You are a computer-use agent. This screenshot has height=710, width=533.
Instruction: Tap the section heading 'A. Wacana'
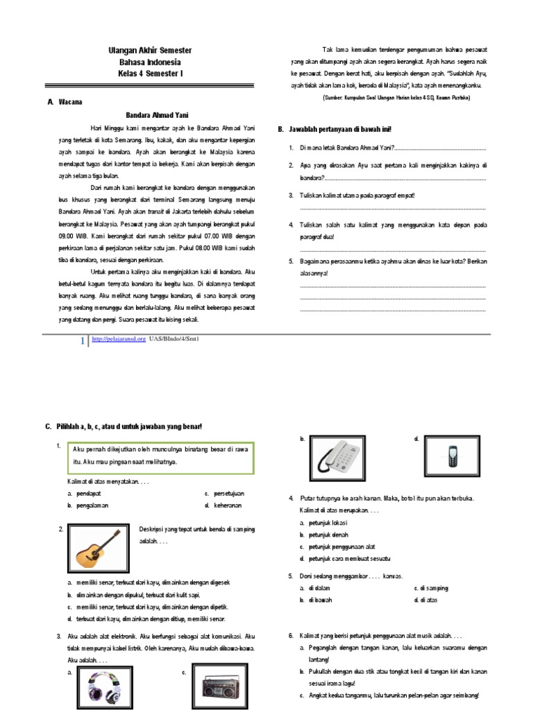tap(65, 102)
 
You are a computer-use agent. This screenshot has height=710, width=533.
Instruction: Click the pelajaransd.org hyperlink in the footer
tap(118, 339)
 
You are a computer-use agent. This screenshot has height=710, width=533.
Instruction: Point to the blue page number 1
tap(83, 340)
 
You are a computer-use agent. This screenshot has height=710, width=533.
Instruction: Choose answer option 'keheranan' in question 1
tap(229, 506)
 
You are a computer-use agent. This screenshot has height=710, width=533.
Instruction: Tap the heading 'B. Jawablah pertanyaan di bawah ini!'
tap(335, 129)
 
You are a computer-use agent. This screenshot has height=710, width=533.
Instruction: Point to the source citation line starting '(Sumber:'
tap(396, 98)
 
